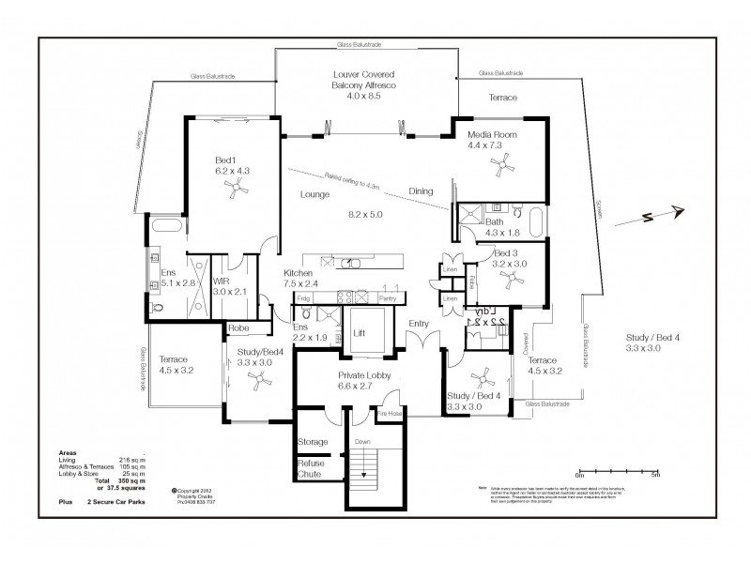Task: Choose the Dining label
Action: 421,191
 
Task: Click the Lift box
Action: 360,332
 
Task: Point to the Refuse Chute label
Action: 311,468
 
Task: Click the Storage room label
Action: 313,441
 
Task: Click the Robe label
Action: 238,329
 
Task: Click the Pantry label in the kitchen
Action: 387,297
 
